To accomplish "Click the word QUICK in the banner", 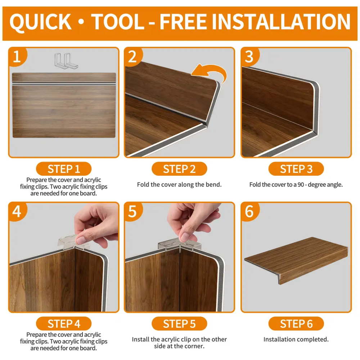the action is (40, 22).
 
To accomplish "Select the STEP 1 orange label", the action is (64, 169).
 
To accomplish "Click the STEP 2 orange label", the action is (179, 169).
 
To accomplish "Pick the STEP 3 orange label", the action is (296, 169).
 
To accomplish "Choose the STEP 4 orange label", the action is (64, 324).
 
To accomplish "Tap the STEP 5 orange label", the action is (179, 324).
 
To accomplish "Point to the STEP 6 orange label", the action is (296, 324).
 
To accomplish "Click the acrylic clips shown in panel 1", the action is (66, 60).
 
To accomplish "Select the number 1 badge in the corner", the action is (17, 57).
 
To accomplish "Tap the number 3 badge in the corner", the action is (249, 57).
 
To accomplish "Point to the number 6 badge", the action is (249, 211).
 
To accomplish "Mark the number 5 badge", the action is (133, 211).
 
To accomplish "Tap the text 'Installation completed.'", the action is (296, 339).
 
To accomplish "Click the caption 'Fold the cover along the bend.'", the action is (179, 185).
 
